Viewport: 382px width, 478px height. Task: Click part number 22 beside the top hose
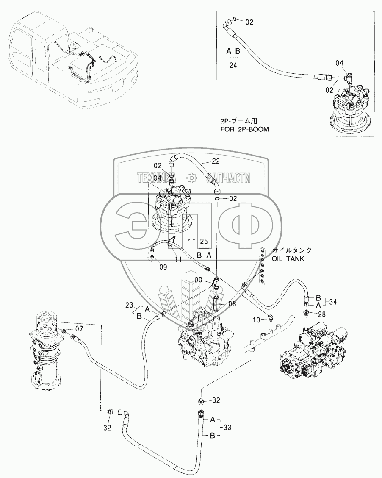[x=216, y=161]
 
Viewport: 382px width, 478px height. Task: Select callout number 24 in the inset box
[x=233, y=66]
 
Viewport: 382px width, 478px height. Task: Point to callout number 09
[x=163, y=267]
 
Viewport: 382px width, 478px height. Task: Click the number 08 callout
[x=231, y=303]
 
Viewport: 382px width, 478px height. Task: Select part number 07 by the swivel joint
[x=80, y=328]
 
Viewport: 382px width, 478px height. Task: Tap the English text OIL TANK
[x=288, y=258]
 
